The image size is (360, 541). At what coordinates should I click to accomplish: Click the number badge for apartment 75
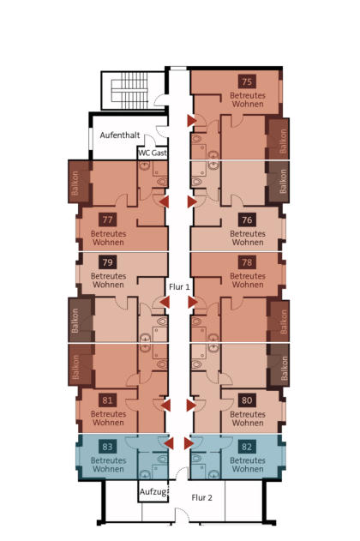pyautogui.click(x=247, y=81)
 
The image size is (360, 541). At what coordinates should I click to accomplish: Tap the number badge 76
pyautogui.click(x=247, y=219)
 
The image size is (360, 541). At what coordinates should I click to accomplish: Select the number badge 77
pyautogui.click(x=108, y=219)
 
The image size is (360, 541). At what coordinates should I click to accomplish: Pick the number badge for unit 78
pyautogui.click(x=247, y=262)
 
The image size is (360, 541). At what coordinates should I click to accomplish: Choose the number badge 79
pyautogui.click(x=108, y=262)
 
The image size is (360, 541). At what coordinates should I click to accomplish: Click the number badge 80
pyautogui.click(x=247, y=400)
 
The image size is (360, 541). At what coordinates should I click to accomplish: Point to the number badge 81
pyautogui.click(x=108, y=400)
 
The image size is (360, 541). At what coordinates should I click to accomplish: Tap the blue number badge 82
pyautogui.click(x=247, y=447)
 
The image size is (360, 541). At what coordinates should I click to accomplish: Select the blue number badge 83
pyautogui.click(x=108, y=447)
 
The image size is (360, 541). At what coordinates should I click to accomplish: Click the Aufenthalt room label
pyautogui.click(x=120, y=135)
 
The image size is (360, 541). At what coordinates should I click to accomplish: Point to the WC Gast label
pyautogui.click(x=153, y=153)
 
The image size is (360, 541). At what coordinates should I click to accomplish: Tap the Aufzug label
pyautogui.click(x=153, y=492)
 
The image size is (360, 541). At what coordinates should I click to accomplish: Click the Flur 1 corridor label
pyautogui.click(x=179, y=286)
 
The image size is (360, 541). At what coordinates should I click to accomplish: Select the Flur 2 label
pyautogui.click(x=201, y=497)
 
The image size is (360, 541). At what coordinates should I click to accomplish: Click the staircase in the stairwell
pyautogui.click(x=129, y=90)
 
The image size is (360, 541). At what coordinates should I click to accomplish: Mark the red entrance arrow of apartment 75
pyautogui.click(x=192, y=121)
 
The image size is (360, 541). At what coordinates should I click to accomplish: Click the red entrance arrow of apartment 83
pyautogui.click(x=169, y=443)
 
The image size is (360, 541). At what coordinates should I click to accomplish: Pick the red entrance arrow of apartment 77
pyautogui.click(x=165, y=201)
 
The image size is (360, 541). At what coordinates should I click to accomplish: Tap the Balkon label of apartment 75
pyautogui.click(x=283, y=141)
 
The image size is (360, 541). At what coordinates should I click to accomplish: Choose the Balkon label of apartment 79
pyautogui.click(x=75, y=321)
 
